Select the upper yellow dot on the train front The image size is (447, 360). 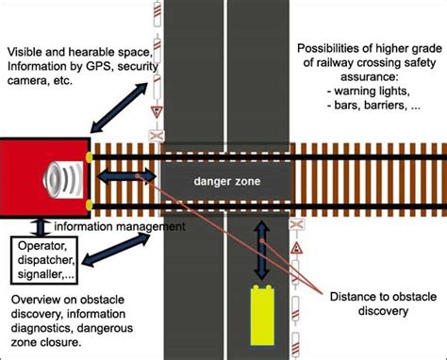[88, 155]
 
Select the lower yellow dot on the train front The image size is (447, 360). [88, 204]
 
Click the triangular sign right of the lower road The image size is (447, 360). [296, 247]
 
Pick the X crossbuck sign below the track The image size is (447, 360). [296, 224]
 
